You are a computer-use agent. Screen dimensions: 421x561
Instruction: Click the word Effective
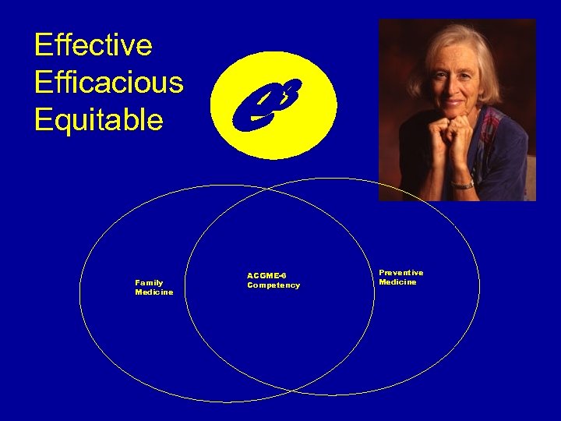[93, 45]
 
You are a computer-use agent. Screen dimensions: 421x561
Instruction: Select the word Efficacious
[109, 83]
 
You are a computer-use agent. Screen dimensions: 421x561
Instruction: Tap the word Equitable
[99, 120]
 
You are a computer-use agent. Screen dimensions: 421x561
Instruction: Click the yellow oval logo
[273, 104]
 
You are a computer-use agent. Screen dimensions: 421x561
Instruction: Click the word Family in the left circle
[149, 282]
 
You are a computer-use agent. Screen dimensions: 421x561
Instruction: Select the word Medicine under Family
[154, 292]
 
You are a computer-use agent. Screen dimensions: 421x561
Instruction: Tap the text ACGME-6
[266, 275]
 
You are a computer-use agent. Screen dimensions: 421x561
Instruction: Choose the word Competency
[273, 285]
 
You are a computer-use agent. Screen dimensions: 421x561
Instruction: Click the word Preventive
[401, 272]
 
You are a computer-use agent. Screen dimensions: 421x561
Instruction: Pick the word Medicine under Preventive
[397, 282]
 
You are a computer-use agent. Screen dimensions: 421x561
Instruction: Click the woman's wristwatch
[463, 184]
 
